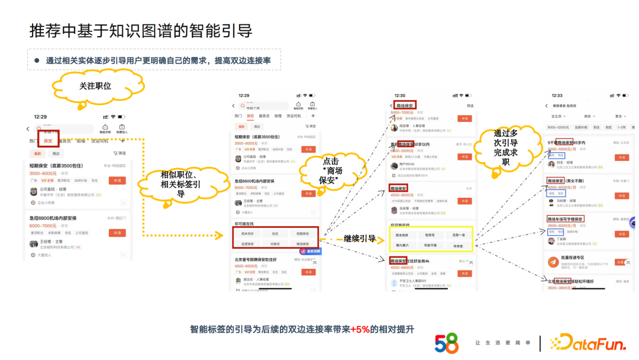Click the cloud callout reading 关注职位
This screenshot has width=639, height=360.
click(95, 86)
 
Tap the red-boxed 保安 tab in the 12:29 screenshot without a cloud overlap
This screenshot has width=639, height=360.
click(250, 116)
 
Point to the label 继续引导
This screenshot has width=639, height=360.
click(359, 239)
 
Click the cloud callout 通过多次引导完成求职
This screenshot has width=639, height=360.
click(505, 147)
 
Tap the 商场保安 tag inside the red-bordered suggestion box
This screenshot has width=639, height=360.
click(302, 243)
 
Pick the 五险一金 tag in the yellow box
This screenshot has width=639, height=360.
click(459, 234)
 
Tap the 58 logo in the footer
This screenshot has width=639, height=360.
click(446, 343)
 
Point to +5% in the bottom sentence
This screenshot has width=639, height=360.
click(360, 329)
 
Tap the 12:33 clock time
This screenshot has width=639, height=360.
click(557, 95)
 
